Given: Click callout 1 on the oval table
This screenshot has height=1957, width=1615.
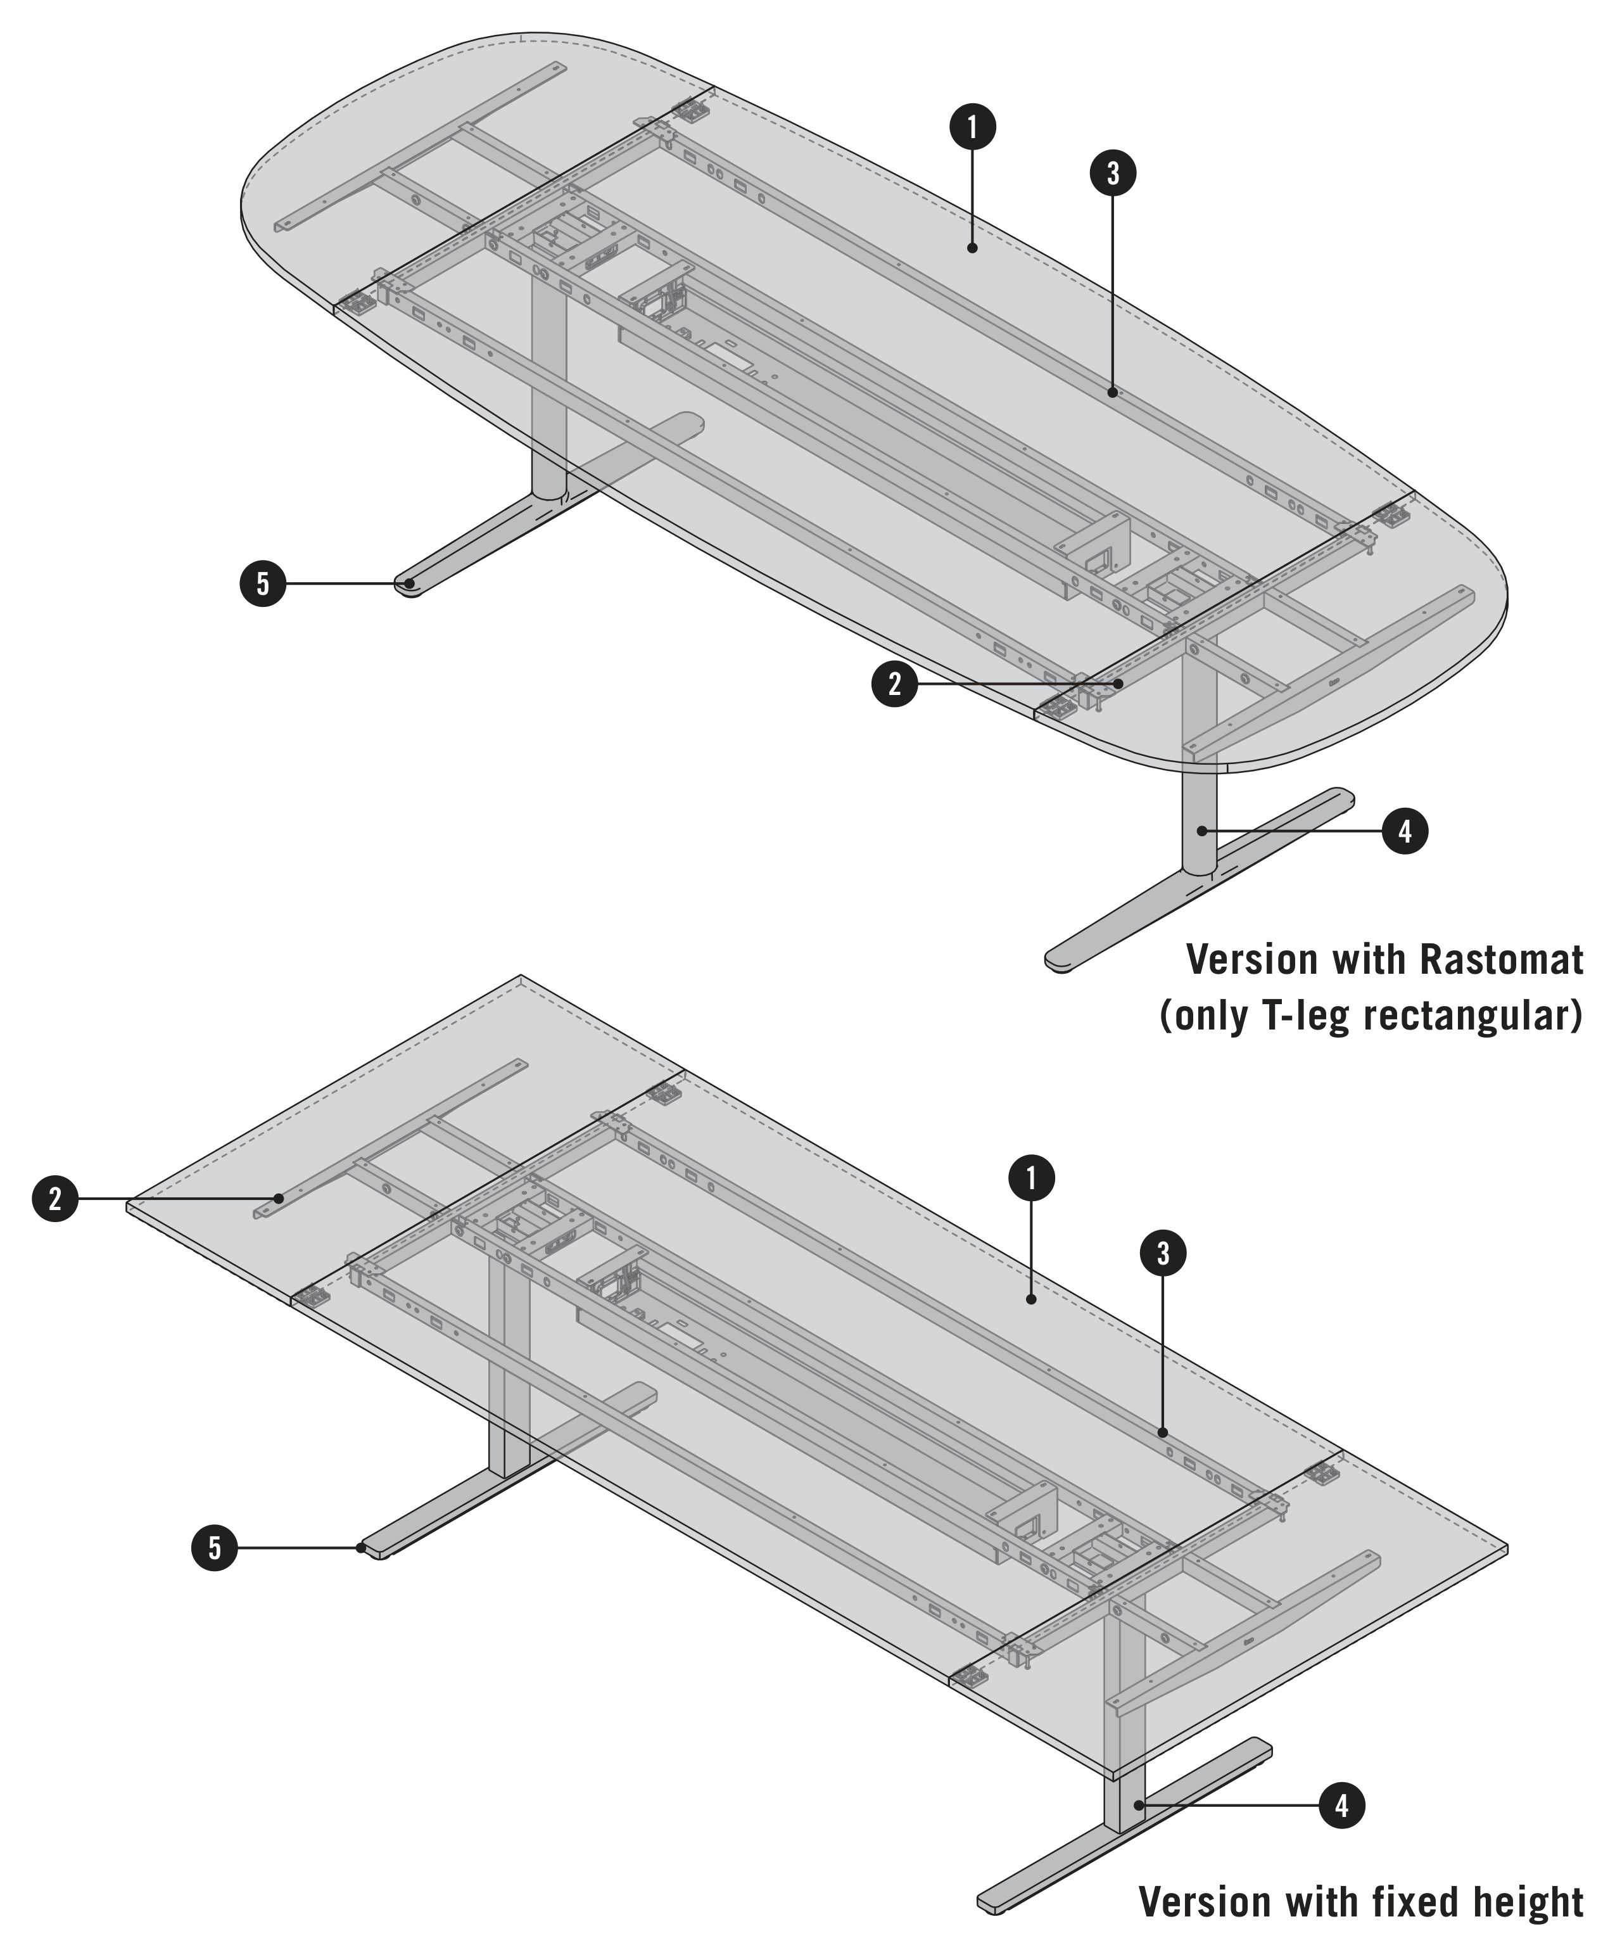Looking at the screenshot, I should (x=972, y=127).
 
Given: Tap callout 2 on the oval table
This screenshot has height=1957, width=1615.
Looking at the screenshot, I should (x=894, y=684).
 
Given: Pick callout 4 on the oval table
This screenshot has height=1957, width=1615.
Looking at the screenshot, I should (x=1405, y=830).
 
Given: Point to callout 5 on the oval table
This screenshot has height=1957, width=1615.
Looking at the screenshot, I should (x=263, y=583).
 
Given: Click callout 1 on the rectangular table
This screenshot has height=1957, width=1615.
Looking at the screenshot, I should (x=1032, y=1178).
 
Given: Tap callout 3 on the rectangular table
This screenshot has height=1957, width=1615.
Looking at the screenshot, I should (x=1163, y=1254).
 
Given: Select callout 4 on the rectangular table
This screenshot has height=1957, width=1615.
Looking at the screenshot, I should (x=1341, y=1806).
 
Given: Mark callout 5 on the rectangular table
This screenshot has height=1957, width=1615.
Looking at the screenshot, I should (x=215, y=1548).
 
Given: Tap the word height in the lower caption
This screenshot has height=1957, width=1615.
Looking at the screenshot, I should (x=1528, y=1902).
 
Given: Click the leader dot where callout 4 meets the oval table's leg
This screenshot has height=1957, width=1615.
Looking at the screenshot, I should (x=1202, y=830).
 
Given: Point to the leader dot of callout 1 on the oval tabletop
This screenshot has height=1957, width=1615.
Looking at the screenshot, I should (x=972, y=248).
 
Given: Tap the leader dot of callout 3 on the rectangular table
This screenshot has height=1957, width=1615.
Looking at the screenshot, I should (x=1163, y=1433).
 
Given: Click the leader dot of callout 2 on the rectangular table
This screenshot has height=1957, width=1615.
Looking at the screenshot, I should (x=278, y=1197).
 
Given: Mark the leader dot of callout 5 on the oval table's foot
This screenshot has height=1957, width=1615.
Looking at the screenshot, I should (x=408, y=583).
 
